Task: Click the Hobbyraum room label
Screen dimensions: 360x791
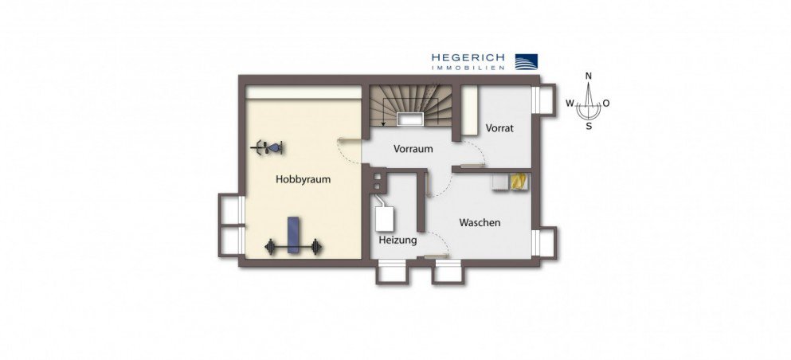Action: tap(303, 180)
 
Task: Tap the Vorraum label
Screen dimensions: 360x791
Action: tap(413, 149)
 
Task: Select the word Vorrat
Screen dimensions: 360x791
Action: tap(499, 127)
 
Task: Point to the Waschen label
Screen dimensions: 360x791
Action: tap(480, 223)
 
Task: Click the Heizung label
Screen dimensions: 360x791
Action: tap(397, 240)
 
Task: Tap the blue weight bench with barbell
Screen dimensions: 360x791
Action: tap(293, 237)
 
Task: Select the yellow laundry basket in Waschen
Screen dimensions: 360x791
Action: tap(519, 182)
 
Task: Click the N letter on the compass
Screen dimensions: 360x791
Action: tap(589, 76)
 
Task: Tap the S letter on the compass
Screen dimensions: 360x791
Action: tap(589, 126)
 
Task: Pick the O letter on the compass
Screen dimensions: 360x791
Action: tap(606, 104)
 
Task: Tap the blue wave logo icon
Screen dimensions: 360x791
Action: tap(525, 62)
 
